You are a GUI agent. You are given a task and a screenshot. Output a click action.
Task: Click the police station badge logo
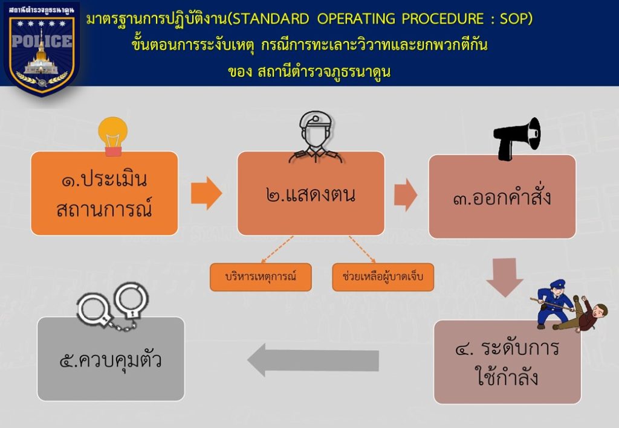coord(41,48)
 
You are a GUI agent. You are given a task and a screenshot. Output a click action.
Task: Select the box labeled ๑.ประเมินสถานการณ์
coord(104,193)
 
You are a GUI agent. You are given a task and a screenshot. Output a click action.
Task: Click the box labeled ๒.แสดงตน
coord(311,193)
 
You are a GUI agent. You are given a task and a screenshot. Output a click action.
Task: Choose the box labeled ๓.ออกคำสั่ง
coord(502,197)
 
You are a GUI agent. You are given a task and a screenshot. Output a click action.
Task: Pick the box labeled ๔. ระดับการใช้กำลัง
coord(507,362)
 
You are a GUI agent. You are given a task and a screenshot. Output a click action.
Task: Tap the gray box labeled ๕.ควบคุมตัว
coord(111,359)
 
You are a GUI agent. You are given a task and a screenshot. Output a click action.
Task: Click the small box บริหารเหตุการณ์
coord(261,277)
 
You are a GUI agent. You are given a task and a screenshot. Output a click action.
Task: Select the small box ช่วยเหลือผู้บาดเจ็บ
coord(383,277)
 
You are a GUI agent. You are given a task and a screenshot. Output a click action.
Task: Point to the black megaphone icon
coord(517,138)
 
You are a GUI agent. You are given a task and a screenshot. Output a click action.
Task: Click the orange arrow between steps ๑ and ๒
coord(206,193)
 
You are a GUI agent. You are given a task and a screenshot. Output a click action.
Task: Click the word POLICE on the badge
coord(41,42)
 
